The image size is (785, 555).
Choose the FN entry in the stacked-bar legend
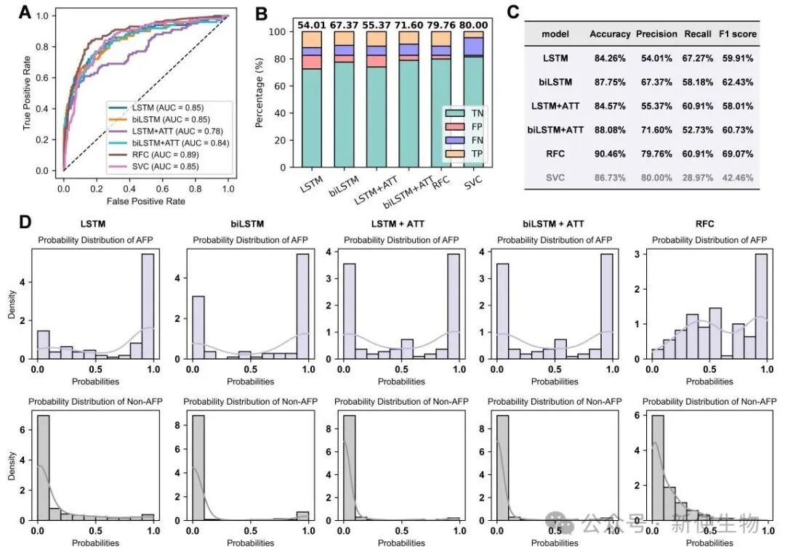coord(473,140)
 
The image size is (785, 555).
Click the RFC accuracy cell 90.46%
coord(609,154)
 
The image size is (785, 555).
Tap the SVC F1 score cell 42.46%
coord(738,177)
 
